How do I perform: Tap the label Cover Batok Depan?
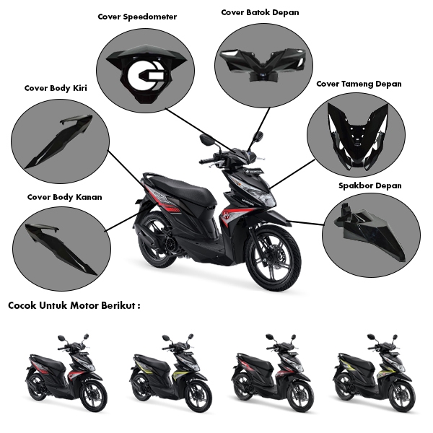(x=260, y=12)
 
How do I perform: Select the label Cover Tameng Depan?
(x=359, y=84)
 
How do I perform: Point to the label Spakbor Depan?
(x=370, y=185)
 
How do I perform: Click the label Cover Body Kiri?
(x=56, y=89)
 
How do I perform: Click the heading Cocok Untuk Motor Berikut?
(x=74, y=305)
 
